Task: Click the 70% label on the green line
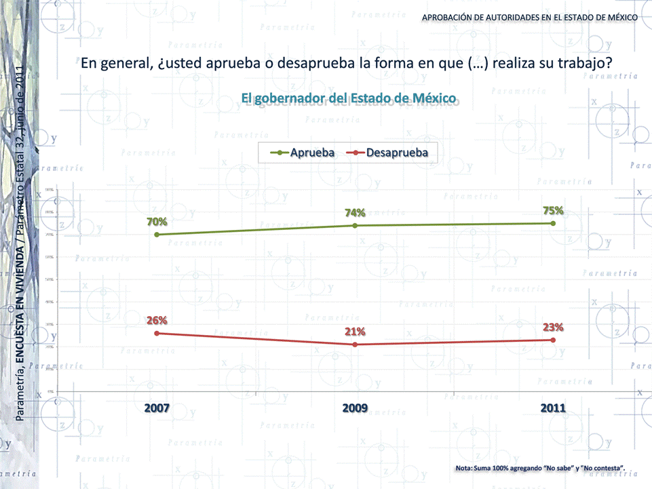point(157,221)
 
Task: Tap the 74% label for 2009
point(355,212)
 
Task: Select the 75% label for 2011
point(553,210)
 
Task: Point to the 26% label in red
point(157,320)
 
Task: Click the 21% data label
point(355,331)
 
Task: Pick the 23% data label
point(553,327)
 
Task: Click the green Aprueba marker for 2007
point(157,235)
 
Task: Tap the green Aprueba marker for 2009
point(355,225)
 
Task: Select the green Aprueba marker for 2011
point(553,223)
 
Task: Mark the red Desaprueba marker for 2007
point(157,333)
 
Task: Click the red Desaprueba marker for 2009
point(355,345)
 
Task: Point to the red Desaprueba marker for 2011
point(553,340)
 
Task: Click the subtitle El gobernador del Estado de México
point(349,98)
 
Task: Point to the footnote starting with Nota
point(540,469)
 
